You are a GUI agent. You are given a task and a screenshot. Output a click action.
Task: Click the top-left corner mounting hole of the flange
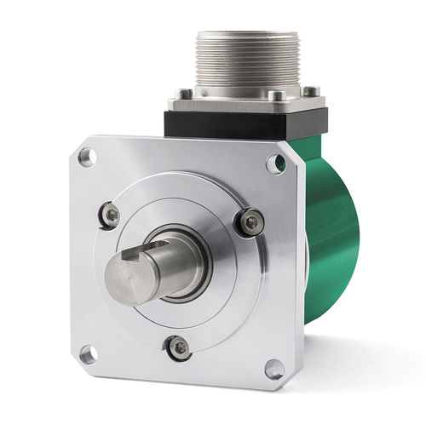coord(86,157)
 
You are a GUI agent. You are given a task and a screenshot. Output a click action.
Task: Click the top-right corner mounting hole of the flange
coord(275,164)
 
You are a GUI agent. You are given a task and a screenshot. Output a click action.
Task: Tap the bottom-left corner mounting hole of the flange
coord(87,352)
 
